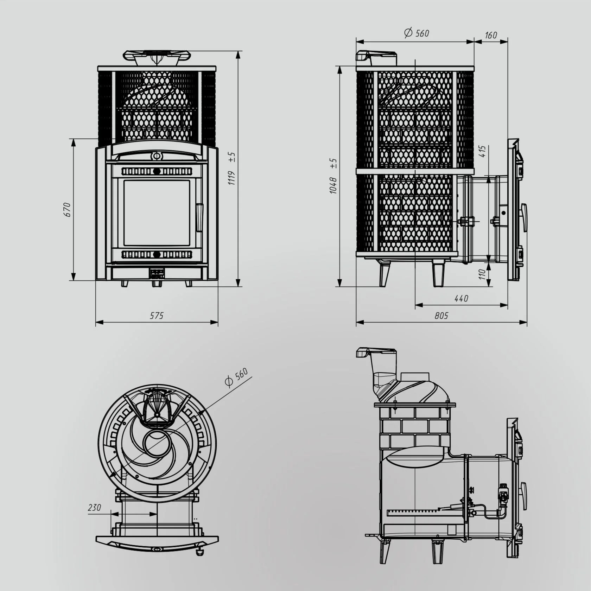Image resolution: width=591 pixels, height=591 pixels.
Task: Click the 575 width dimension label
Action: (x=157, y=316)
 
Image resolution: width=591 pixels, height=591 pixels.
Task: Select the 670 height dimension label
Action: (x=67, y=210)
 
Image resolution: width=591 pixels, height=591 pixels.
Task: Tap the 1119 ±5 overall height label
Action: (x=231, y=169)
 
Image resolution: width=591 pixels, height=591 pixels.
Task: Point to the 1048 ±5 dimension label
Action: (x=333, y=176)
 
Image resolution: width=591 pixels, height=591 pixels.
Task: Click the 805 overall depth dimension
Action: (x=441, y=316)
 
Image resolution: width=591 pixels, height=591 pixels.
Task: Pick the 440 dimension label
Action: (x=461, y=299)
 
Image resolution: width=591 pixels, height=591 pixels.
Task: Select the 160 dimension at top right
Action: (x=491, y=35)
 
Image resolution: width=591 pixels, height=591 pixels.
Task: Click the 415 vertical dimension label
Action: (x=482, y=151)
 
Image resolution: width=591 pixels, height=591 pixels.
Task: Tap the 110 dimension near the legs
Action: (x=482, y=274)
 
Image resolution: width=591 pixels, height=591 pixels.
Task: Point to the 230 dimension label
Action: (x=95, y=508)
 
